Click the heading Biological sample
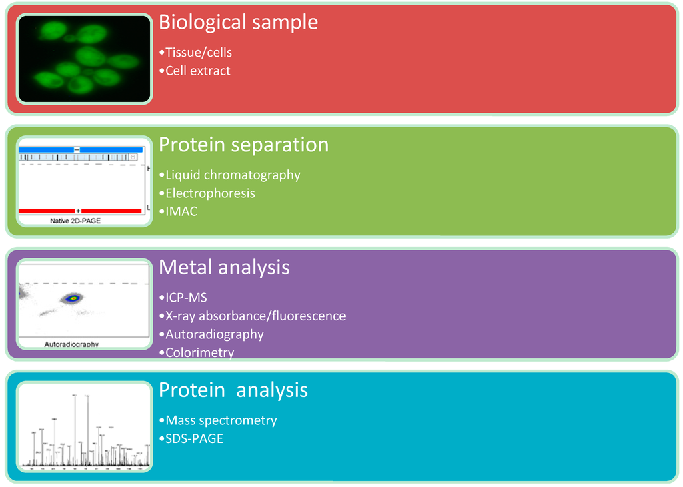point(238,22)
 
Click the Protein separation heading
point(243,145)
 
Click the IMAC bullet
point(181,211)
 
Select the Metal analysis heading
point(224,268)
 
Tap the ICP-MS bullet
point(186,298)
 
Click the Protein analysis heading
point(233,390)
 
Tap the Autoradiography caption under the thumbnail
point(71,344)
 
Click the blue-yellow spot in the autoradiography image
point(71,298)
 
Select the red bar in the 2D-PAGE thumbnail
point(47,211)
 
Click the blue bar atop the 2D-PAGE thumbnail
point(47,149)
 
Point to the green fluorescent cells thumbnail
point(84,59)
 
